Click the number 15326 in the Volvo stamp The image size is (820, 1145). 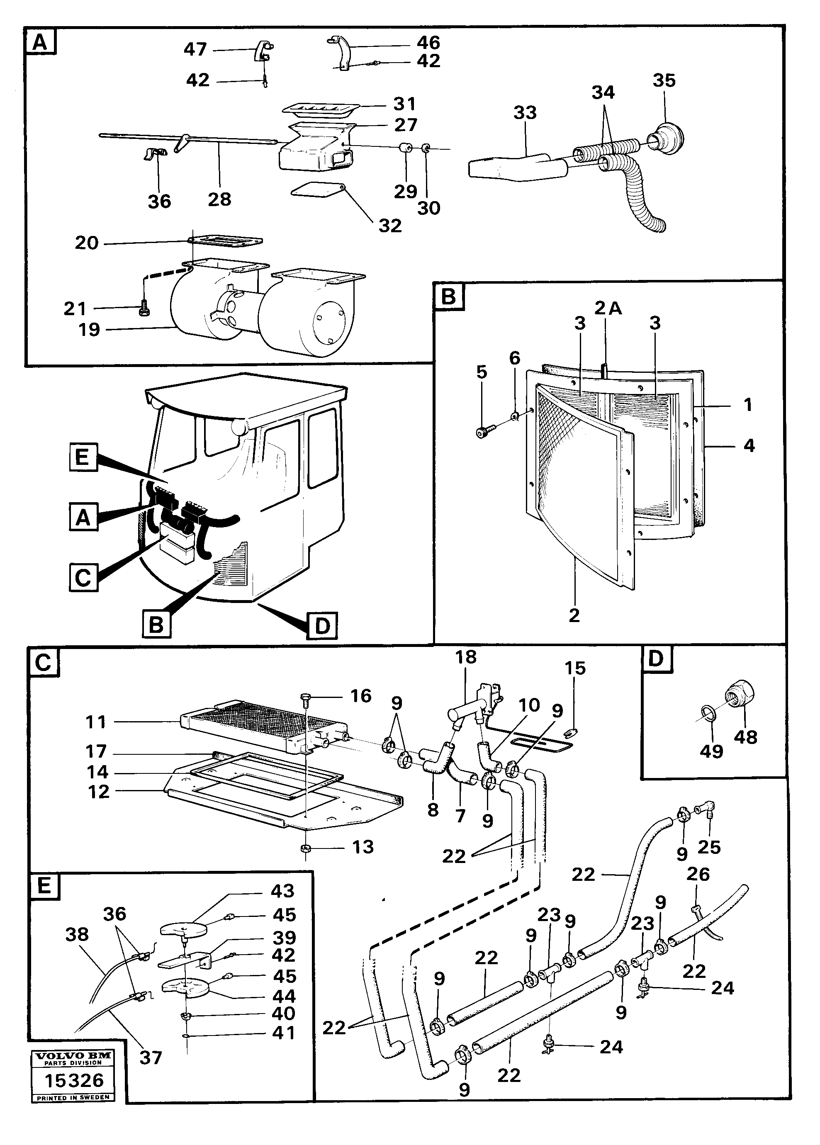(x=74, y=1080)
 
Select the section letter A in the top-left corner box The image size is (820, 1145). (x=40, y=42)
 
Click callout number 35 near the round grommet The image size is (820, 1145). (x=664, y=80)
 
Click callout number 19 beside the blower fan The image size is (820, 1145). (x=89, y=330)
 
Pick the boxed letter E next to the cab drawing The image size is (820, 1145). (x=83, y=458)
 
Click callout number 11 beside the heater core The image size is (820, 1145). (x=96, y=722)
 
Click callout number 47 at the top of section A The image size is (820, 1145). (x=195, y=49)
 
